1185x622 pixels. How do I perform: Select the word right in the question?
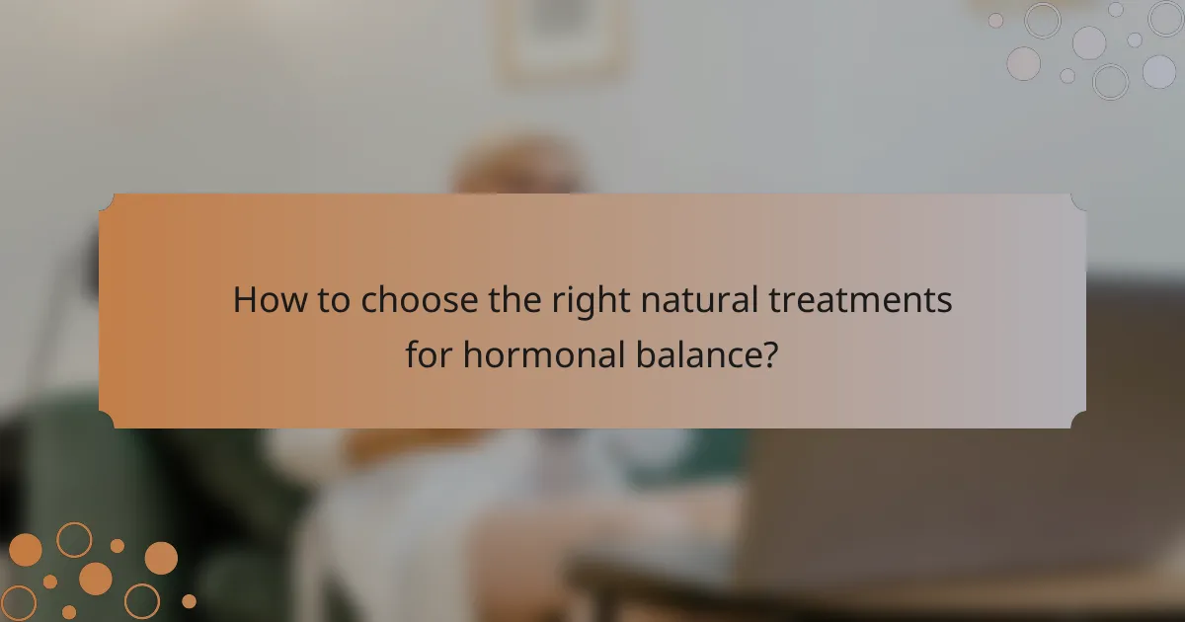coord(576,301)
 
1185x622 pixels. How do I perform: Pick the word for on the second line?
coord(430,352)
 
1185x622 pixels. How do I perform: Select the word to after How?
coord(332,300)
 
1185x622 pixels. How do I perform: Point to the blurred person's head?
coord(518,168)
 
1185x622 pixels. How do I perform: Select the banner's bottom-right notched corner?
coord(1077,420)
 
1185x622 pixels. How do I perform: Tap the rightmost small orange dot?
coord(189,601)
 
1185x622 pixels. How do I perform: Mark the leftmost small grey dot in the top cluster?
coord(995,20)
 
